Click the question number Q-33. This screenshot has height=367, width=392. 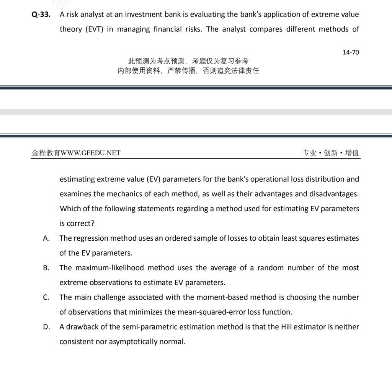[x=41, y=15]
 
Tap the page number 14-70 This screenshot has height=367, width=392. [x=351, y=52]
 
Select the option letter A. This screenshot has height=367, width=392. [x=46, y=238]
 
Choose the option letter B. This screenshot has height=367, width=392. [x=46, y=268]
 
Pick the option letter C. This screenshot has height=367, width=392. [x=46, y=297]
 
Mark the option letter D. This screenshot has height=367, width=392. [x=46, y=327]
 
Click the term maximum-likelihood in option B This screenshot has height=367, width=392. [x=109, y=268]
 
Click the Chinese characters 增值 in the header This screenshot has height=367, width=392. [x=352, y=153]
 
